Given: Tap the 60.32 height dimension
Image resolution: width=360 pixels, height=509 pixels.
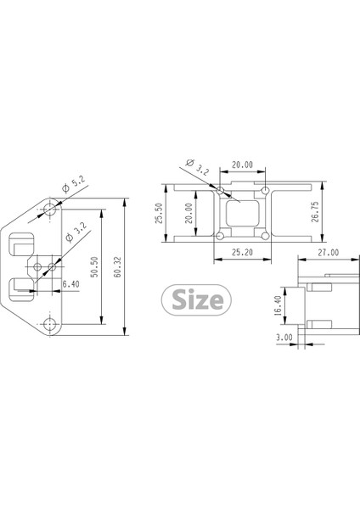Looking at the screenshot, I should click(x=118, y=267).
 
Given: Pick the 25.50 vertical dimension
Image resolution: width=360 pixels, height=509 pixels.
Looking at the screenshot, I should click(x=159, y=212).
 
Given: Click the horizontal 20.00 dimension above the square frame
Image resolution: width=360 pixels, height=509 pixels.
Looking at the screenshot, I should click(x=242, y=165).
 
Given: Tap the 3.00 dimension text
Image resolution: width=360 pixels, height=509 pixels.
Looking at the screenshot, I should click(x=284, y=337).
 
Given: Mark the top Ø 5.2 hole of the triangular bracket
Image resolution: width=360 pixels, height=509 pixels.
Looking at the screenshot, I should click(x=53, y=206).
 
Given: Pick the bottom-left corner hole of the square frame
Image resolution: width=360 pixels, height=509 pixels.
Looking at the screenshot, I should click(x=220, y=235).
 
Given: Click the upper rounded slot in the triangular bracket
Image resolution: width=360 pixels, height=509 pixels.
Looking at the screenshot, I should click(x=22, y=244).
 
